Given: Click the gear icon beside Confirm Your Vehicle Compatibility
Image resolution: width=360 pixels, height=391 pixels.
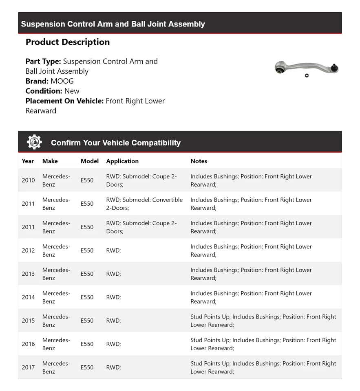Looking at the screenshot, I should tap(34, 142).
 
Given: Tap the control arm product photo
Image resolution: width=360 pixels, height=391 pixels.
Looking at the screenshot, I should tap(306, 68).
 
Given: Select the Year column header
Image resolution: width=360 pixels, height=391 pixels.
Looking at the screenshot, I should tap(28, 161).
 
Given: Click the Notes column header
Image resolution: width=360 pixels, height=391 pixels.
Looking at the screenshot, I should tap(199, 161).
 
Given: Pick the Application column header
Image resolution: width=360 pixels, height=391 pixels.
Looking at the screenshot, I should tap(122, 161).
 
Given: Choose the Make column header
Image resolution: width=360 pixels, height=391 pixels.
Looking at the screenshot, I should tap(50, 161).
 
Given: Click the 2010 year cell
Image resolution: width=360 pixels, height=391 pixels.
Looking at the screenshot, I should tap(28, 180).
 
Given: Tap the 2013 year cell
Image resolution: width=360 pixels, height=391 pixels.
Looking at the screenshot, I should tap(28, 274).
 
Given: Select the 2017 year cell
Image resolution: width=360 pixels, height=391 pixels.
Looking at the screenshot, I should tap(28, 367).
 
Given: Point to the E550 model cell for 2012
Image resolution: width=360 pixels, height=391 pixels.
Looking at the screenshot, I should tap(87, 250).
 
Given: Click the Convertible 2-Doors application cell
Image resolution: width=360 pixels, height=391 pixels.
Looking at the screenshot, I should tap(144, 204).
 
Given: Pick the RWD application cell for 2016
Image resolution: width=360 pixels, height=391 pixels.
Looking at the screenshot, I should tap(113, 344).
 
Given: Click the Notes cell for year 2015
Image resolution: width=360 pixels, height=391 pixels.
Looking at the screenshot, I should tap(263, 321).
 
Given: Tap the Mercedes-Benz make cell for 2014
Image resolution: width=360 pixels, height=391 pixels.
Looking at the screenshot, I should tap(56, 297).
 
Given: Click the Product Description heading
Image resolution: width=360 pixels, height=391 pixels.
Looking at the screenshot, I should tap(68, 42).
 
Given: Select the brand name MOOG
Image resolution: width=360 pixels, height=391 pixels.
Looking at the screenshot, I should tap(62, 81).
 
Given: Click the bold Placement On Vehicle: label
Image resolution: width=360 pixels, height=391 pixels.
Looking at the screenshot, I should tap(64, 101).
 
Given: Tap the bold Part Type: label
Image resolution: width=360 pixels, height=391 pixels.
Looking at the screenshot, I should tap(43, 62).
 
